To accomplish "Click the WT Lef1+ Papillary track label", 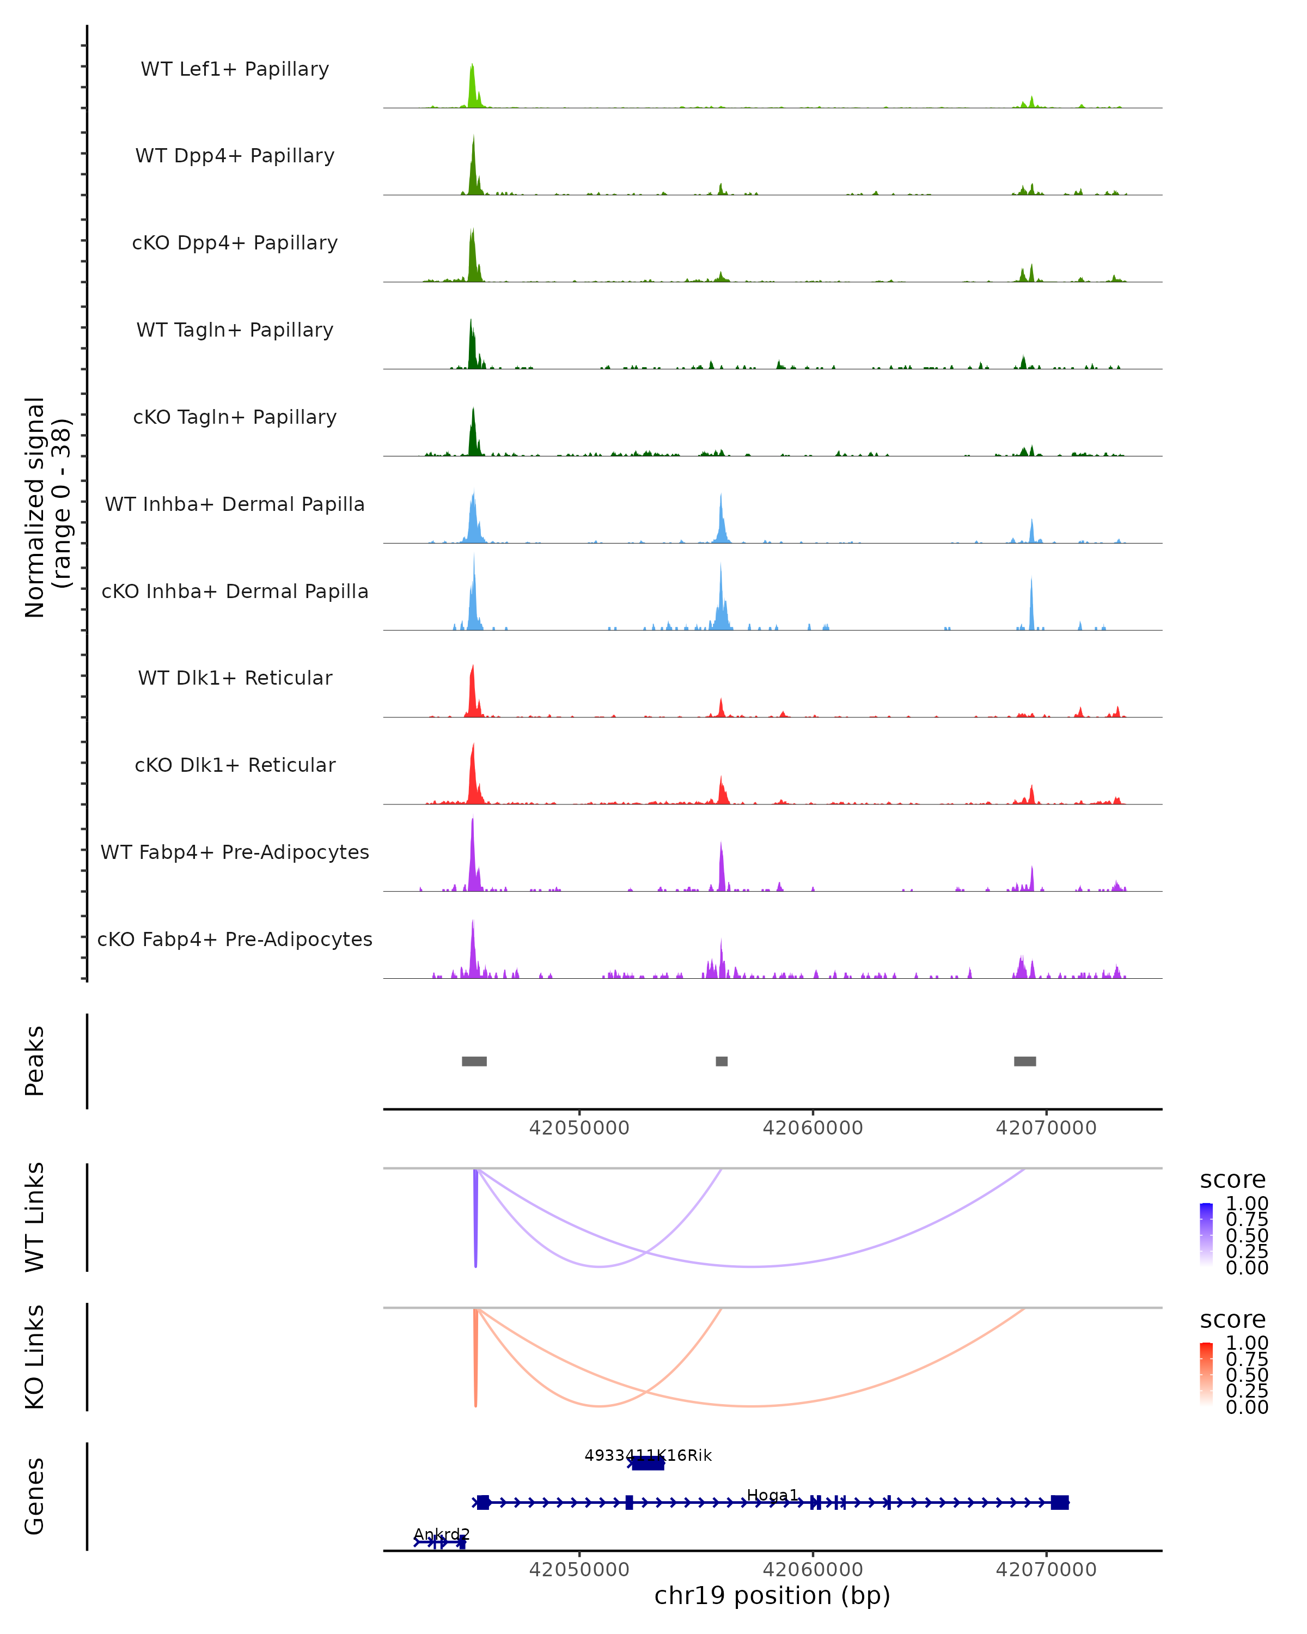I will [235, 69].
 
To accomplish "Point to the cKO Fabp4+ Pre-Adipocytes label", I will [235, 939].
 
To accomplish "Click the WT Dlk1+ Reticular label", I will [235, 678].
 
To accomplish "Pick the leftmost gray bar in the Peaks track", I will [474, 1061].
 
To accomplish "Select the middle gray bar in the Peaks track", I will [722, 1061].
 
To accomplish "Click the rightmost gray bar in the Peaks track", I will [1024, 1061].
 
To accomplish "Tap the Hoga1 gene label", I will [772, 1495].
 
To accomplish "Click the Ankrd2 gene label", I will [442, 1534].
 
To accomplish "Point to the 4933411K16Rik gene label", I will [648, 1455].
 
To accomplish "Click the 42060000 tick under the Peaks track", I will [812, 1128].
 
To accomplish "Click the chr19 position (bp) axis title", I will [772, 1595].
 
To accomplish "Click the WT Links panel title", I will [35, 1217].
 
